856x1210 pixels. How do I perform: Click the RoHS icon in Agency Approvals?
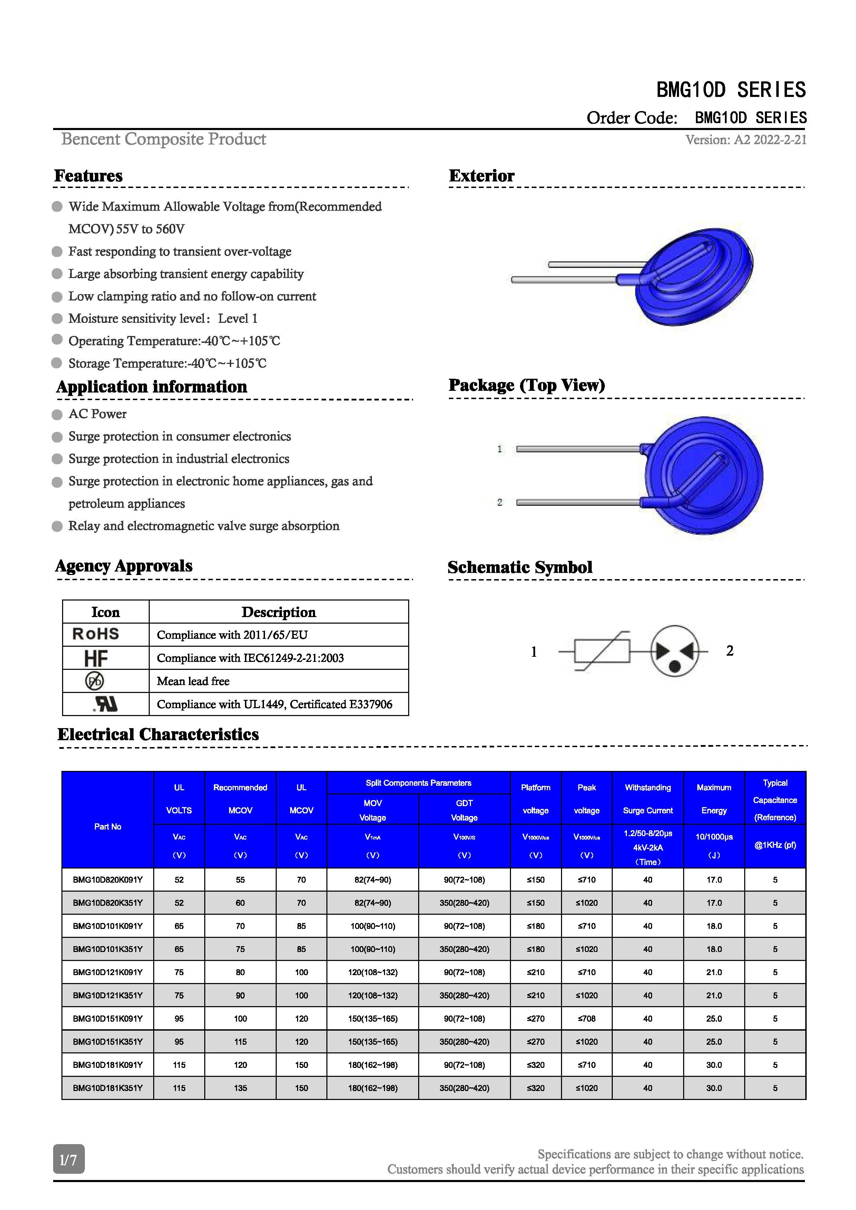click(x=96, y=634)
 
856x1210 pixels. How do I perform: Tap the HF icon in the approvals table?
click(x=96, y=658)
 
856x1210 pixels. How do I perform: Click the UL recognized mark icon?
click(x=106, y=704)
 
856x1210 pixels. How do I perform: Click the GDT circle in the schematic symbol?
click(x=675, y=651)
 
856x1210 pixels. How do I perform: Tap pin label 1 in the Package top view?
click(x=500, y=449)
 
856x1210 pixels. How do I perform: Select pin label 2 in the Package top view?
click(x=500, y=502)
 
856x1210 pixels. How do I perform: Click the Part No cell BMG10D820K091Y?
click(x=108, y=880)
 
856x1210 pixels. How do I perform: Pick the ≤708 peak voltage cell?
click(x=587, y=1019)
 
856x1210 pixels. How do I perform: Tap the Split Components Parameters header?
click(x=419, y=783)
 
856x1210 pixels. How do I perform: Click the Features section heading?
click(x=89, y=176)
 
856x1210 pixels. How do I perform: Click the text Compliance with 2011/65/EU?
click(x=232, y=635)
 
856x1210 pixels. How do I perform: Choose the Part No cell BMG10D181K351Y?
click(x=108, y=1088)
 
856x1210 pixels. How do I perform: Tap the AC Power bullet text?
click(x=98, y=414)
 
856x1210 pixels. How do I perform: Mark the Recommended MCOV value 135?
click(x=240, y=1088)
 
